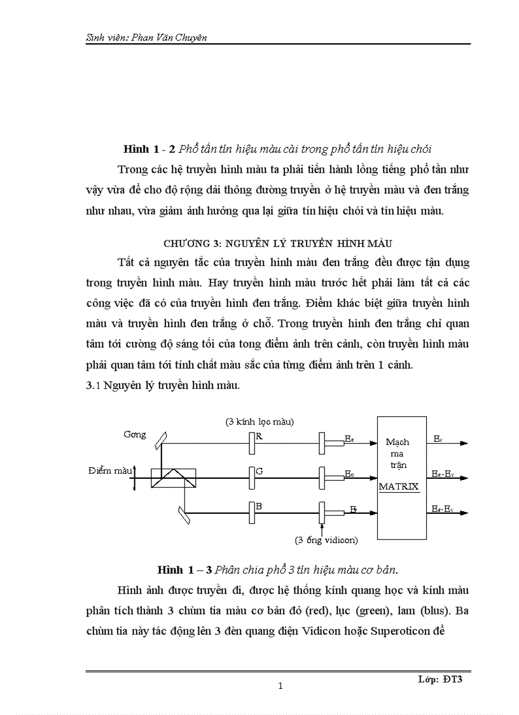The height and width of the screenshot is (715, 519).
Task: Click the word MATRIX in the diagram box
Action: click(399, 487)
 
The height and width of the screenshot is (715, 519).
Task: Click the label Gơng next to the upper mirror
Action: click(135, 435)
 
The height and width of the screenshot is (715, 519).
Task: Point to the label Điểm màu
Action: click(111, 471)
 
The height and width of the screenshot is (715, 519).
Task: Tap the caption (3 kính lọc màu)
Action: click(259, 421)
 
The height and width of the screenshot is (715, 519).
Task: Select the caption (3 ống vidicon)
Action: click(326, 540)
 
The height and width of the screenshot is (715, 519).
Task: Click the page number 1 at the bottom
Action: click(280, 686)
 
